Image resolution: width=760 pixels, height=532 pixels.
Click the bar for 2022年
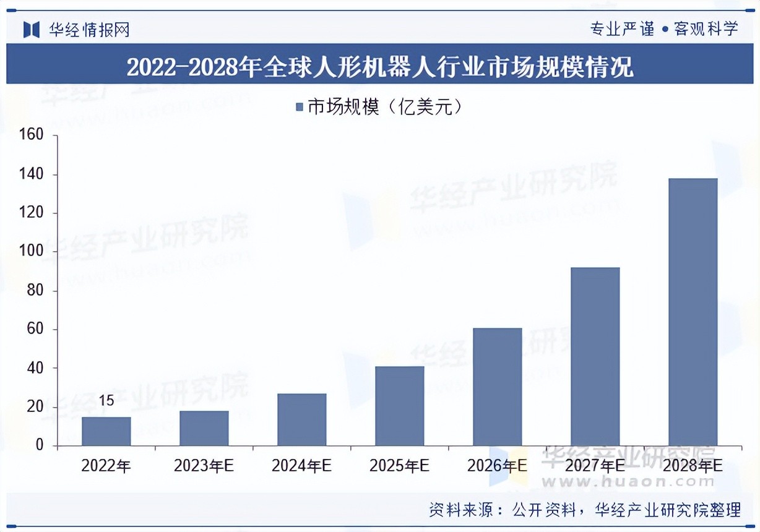(106, 431)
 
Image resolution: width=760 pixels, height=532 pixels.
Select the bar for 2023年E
(204, 428)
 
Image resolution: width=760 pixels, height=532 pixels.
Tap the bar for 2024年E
(302, 419)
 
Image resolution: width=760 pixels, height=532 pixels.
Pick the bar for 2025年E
(400, 406)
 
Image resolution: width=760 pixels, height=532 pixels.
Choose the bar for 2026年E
(498, 387)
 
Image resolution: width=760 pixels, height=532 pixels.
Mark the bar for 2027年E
(595, 356)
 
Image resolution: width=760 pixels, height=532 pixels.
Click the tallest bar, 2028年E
(693, 312)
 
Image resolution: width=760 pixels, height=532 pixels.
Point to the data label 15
(106, 401)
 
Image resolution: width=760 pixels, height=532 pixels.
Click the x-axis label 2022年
(106, 466)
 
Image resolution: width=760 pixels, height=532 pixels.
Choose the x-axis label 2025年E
(400, 466)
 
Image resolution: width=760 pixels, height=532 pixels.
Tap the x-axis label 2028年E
(693, 466)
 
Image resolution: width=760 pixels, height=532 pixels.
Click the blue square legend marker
(300, 107)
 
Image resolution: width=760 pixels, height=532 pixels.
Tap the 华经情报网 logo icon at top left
(32, 29)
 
